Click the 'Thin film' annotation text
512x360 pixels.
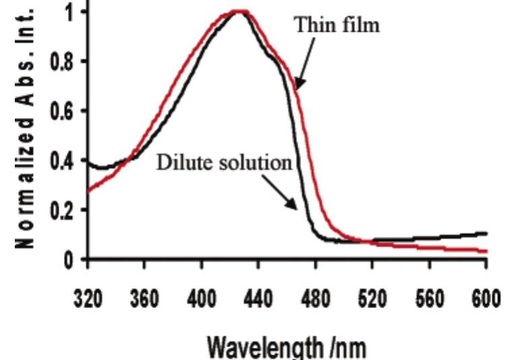[x=337, y=26]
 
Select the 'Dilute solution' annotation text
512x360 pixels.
[x=224, y=163]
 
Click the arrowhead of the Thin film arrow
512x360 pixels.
[x=296, y=86]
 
